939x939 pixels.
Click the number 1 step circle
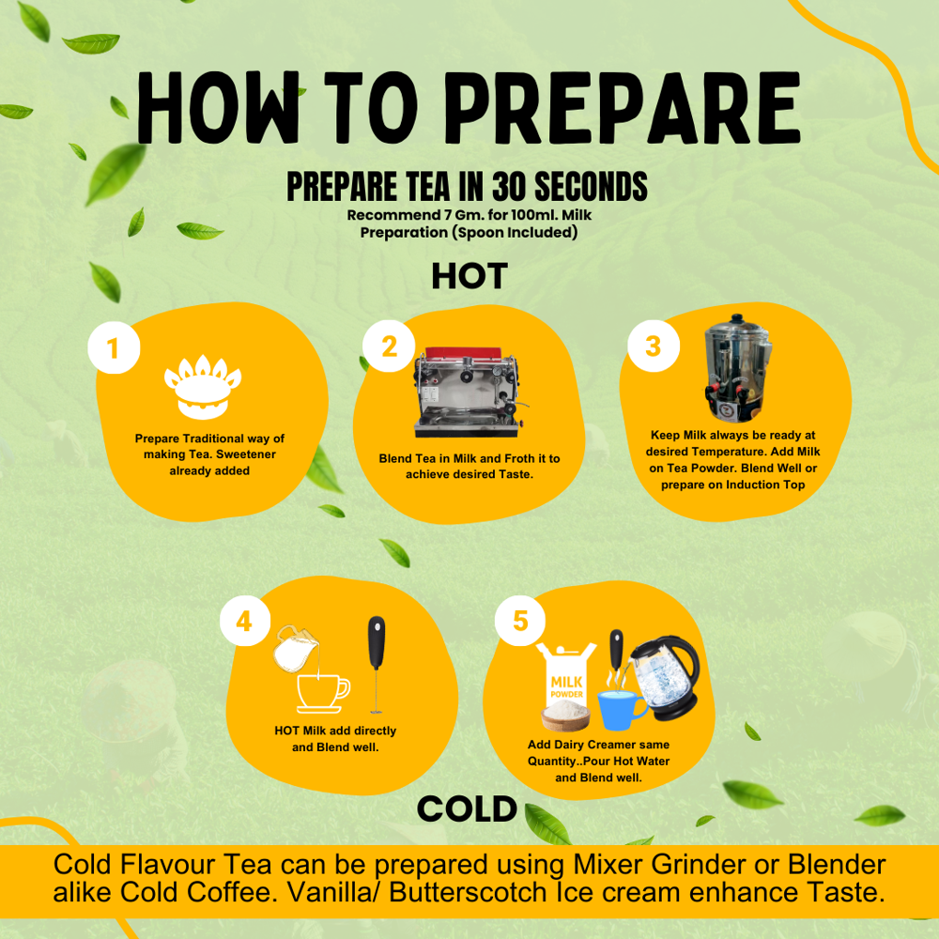(114, 348)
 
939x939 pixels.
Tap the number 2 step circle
(389, 346)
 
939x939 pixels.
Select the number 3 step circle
(654, 346)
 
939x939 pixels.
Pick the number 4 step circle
(245, 621)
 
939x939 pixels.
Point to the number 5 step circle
(520, 621)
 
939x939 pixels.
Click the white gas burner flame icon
(203, 386)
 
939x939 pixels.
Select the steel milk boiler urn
(736, 368)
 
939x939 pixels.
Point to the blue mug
(621, 710)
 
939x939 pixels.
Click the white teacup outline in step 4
(323, 694)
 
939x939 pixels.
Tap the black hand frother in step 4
(377, 665)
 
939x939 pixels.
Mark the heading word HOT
(469, 276)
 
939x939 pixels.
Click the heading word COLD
(467, 809)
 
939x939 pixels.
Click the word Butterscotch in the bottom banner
(468, 892)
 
